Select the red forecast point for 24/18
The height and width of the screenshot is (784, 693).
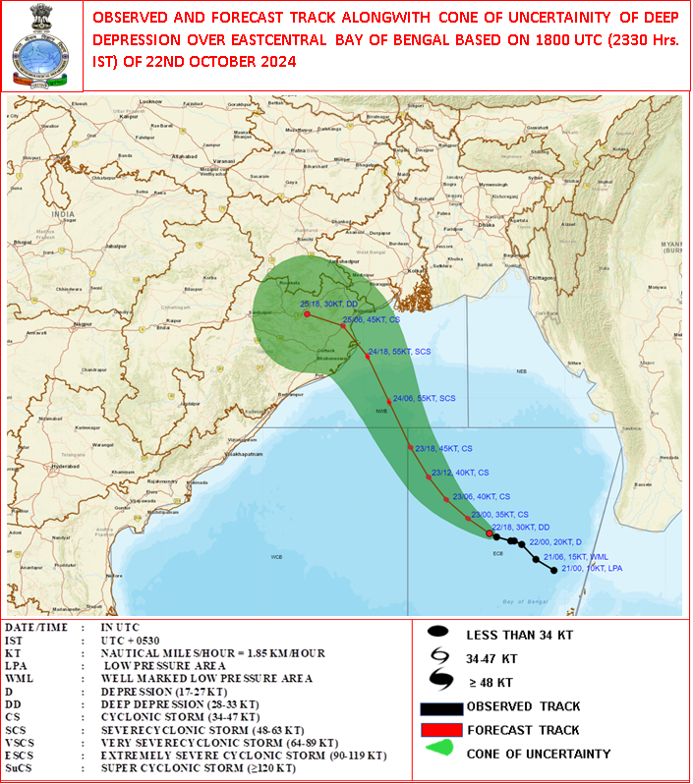coord(368,357)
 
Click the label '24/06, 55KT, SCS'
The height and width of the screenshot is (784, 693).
coord(424,398)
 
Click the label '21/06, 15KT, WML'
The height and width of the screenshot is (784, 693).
coord(576,558)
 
